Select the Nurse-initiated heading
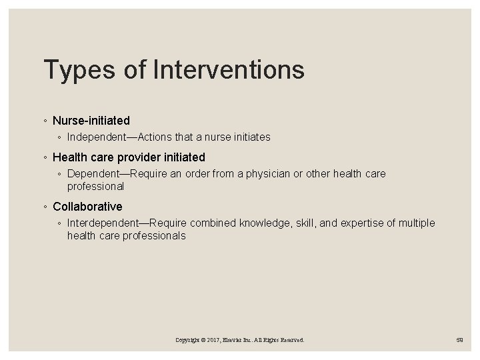pyautogui.click(x=91, y=121)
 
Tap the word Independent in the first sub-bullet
pyautogui.click(x=98, y=137)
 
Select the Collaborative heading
pyautogui.click(x=87, y=207)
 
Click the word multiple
pyautogui.click(x=417, y=223)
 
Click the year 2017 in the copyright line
pyautogui.click(x=215, y=340)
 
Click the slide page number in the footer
pyautogui.click(x=459, y=340)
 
